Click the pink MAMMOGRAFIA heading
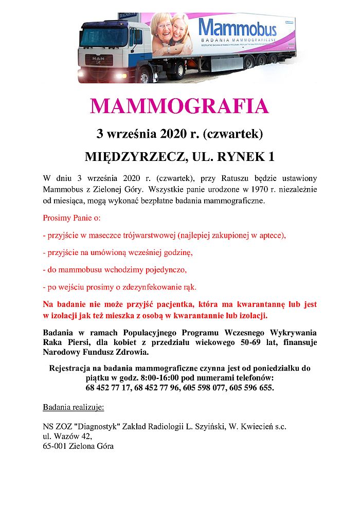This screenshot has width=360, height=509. tap(179, 106)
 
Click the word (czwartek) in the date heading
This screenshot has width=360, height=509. tap(233, 134)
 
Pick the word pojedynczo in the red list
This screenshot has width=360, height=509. tap(166, 269)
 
